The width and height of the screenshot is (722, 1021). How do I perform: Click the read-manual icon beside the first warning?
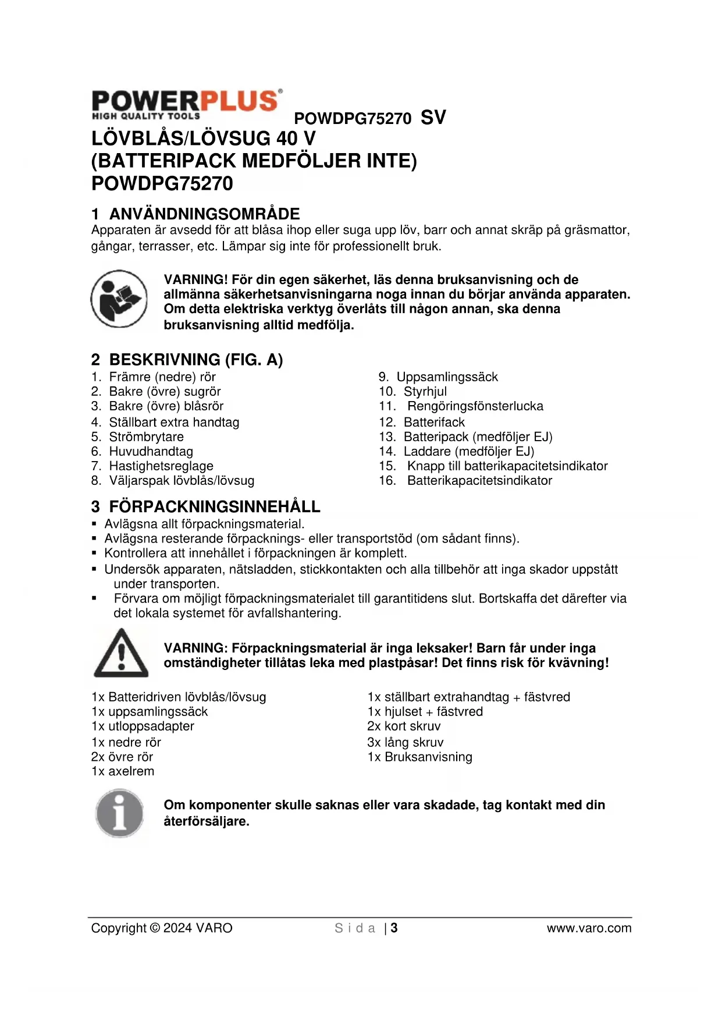[119, 298]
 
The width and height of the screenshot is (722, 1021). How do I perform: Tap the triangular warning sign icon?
[121, 653]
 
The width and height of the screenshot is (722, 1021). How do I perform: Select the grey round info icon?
[119, 813]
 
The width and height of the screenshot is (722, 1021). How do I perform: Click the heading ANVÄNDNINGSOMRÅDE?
[204, 214]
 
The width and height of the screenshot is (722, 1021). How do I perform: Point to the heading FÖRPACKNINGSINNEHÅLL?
[214, 506]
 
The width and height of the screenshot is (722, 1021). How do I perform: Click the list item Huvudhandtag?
[151, 451]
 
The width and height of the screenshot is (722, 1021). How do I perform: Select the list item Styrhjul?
[425, 391]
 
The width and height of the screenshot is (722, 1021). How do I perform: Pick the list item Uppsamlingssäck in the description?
[447, 377]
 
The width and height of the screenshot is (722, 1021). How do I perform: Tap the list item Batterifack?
[434, 422]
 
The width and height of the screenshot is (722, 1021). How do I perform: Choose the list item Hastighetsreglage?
[161, 466]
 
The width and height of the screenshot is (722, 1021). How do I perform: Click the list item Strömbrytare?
[146, 437]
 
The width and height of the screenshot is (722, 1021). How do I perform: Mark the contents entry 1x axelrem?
[123, 771]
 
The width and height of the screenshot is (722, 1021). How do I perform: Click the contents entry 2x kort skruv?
[404, 726]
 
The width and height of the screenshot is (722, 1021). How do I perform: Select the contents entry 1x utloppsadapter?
[143, 726]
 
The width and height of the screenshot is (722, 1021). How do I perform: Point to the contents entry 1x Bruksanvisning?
[419, 757]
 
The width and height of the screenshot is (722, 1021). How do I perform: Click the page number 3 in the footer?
[394, 928]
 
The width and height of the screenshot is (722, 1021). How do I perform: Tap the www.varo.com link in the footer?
[589, 928]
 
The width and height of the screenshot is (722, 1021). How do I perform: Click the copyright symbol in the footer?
[154, 928]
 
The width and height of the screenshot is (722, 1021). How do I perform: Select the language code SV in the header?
[433, 118]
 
